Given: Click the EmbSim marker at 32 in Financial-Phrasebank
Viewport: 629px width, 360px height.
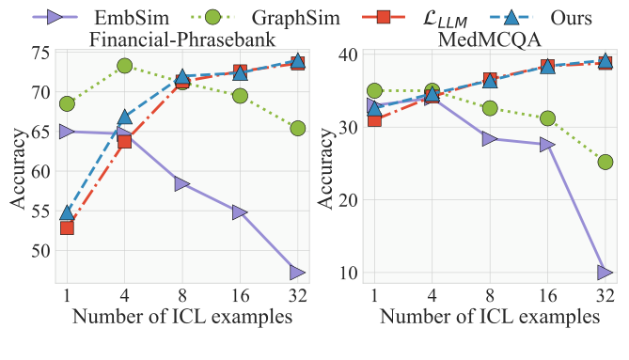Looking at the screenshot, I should pyautogui.click(x=297, y=273).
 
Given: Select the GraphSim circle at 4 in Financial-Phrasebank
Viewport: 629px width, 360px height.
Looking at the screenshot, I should pyautogui.click(x=124, y=66).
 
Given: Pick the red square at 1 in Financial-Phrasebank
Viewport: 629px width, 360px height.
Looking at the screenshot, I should pyautogui.click(x=67, y=227).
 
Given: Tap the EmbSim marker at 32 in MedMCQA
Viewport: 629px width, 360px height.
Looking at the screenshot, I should pyautogui.click(x=605, y=273).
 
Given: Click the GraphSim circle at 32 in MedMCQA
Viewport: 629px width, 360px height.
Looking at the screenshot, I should pyautogui.click(x=605, y=163).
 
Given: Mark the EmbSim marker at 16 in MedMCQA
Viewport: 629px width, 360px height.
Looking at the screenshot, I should pyautogui.click(x=547, y=145).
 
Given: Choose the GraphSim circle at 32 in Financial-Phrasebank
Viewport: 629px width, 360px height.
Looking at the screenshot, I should pyautogui.click(x=297, y=128).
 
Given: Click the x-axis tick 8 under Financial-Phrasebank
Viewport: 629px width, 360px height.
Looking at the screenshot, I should pyautogui.click(x=181, y=296).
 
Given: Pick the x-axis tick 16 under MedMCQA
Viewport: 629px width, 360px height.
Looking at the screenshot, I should pyautogui.click(x=547, y=296).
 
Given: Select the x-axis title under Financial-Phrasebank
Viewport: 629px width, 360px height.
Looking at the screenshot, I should pyautogui.click(x=181, y=317).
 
